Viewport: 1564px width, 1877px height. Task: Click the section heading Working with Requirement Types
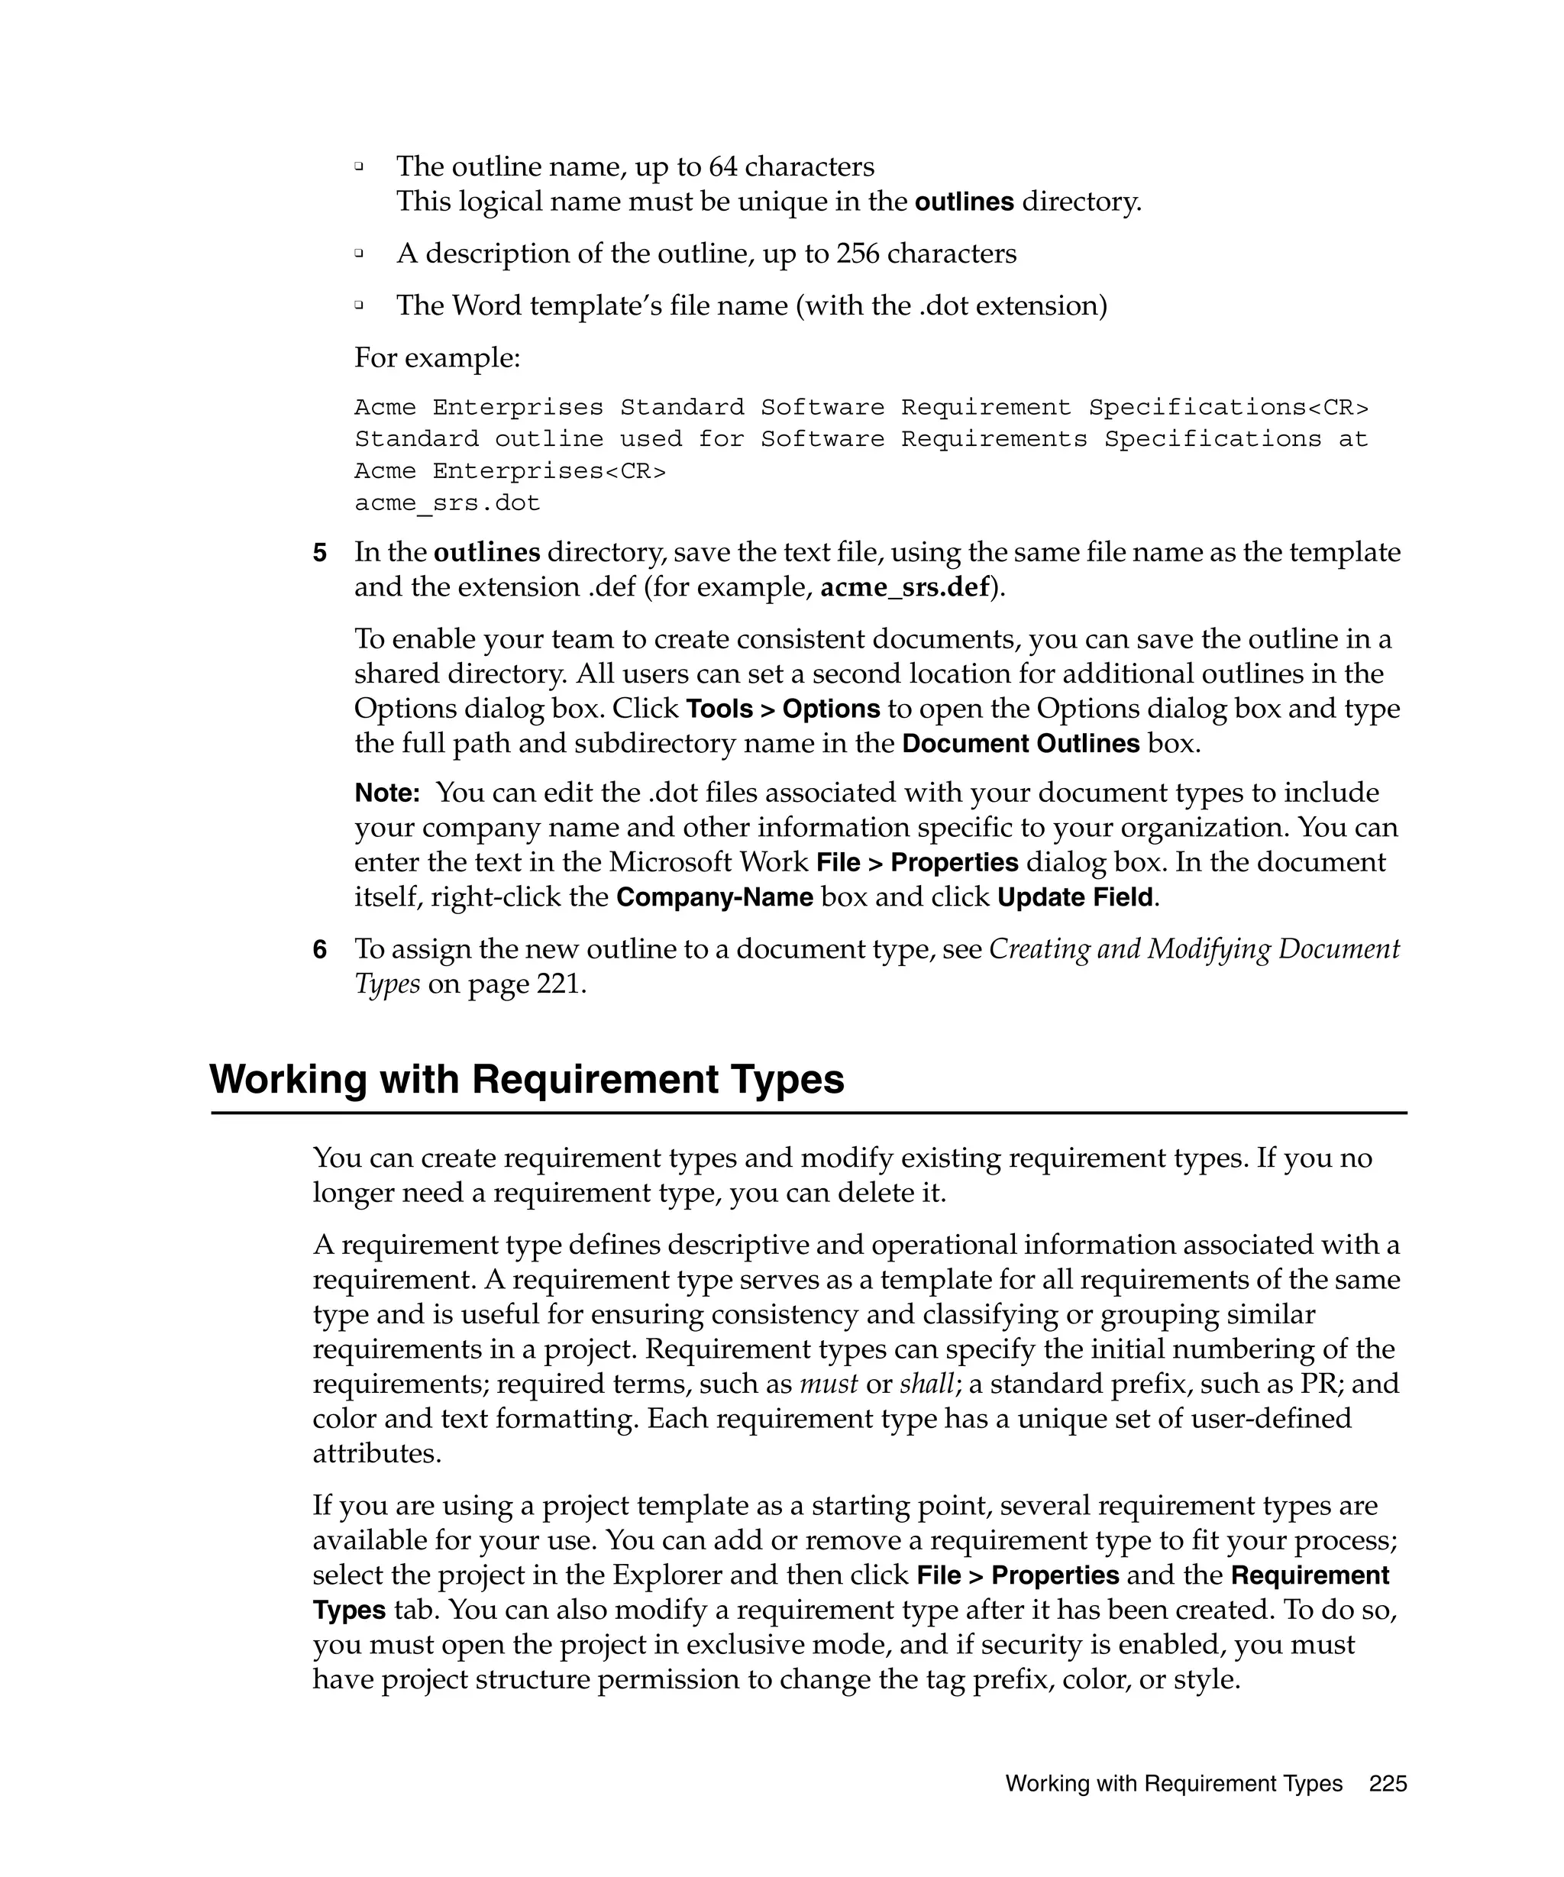526,1079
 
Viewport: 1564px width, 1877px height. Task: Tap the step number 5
320,554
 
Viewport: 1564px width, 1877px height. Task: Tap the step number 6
320,950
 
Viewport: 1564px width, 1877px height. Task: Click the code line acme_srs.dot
447,503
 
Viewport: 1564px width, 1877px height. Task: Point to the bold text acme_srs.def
904,587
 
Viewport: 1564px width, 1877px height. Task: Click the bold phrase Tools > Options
783,709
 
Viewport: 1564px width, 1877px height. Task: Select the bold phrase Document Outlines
1020,744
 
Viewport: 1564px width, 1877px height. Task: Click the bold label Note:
387,793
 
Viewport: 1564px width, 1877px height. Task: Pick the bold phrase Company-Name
714,897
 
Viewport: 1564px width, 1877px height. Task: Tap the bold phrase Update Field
1075,897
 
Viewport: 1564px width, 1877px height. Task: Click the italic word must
828,1384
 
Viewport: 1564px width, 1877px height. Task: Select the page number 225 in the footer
1387,1784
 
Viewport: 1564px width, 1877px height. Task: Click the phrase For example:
437,358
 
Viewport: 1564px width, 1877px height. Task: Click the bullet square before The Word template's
359,305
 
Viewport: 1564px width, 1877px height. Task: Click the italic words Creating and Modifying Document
1194,949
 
